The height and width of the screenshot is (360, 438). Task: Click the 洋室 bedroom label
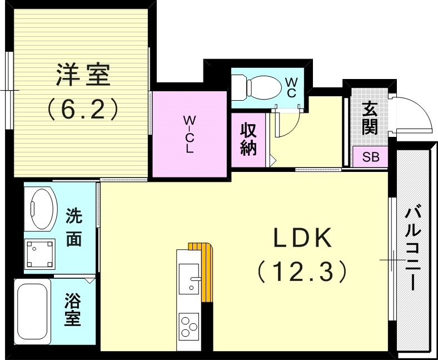pyautogui.click(x=83, y=76)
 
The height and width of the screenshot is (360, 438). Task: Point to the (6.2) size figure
pyautogui.click(x=83, y=109)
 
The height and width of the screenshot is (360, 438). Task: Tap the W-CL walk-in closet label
pyautogui.click(x=190, y=134)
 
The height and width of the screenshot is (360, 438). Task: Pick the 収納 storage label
pyautogui.click(x=248, y=139)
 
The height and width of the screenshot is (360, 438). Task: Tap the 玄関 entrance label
pyautogui.click(x=370, y=119)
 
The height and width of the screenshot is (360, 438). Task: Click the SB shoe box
pyautogui.click(x=371, y=157)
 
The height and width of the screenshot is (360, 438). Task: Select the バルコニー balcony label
pyautogui.click(x=412, y=248)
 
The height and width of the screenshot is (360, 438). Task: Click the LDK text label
pyautogui.click(x=302, y=239)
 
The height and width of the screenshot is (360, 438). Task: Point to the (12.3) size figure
pyautogui.click(x=302, y=272)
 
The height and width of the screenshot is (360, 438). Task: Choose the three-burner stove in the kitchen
pyautogui.click(x=189, y=325)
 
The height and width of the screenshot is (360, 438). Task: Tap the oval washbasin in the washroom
pyautogui.click(x=41, y=209)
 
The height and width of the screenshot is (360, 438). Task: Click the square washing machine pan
pyautogui.click(x=40, y=254)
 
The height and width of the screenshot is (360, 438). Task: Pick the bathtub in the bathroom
pyautogui.click(x=32, y=313)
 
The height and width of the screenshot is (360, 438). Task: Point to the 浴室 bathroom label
pyautogui.click(x=73, y=311)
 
